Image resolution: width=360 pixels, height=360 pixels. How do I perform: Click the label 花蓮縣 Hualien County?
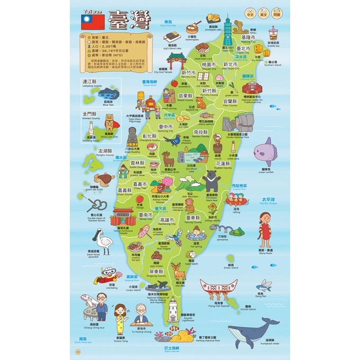[x=222, y=165]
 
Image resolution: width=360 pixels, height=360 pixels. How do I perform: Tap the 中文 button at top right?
[x=249, y=12]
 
